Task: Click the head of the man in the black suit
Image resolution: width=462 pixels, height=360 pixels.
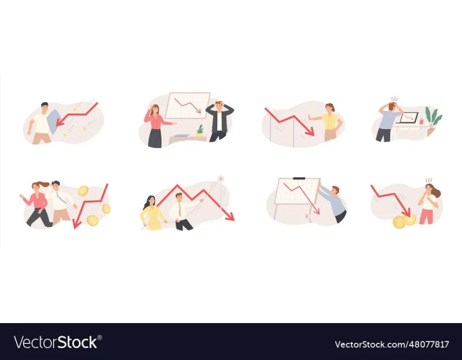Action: coord(219,106)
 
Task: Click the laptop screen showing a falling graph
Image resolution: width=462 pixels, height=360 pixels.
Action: coord(409,118)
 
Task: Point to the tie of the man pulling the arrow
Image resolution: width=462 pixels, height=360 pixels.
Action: coord(179,210)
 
